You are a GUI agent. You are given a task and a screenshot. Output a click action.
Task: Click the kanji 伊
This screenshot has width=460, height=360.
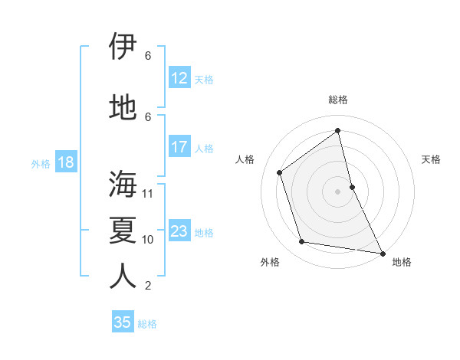[x=123, y=47]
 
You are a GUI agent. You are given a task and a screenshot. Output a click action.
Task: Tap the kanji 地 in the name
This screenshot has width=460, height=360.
[x=123, y=108]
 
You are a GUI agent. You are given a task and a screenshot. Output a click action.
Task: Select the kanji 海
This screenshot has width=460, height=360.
[x=123, y=185]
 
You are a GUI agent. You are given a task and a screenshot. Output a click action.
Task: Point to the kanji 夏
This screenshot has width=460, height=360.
[x=123, y=231]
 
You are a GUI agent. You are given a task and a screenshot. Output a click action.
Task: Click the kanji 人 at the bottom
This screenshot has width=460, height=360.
[x=123, y=277]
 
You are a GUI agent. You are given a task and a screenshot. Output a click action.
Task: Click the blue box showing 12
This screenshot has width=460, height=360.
[x=179, y=78]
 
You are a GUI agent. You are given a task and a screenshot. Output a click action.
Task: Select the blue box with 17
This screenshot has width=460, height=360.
[x=179, y=147]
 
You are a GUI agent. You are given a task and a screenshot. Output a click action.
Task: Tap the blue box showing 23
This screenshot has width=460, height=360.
[x=179, y=231]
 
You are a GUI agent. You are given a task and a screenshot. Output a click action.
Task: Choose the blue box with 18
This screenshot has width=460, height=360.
[x=65, y=162]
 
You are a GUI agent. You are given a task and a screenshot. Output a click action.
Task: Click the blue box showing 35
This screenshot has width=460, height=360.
[x=123, y=322]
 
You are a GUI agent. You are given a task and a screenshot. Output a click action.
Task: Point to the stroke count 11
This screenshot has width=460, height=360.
[x=148, y=194]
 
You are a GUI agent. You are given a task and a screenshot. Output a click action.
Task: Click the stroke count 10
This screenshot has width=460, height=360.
[x=148, y=240]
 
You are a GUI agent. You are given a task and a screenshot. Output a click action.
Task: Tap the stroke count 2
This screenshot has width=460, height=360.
[x=148, y=286]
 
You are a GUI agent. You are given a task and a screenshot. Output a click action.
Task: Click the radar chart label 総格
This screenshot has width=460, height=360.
[x=338, y=100]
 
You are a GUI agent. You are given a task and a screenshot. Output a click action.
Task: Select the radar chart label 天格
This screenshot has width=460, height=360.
[x=432, y=159]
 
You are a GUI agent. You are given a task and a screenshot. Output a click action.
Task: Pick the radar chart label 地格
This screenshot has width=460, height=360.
[x=402, y=262]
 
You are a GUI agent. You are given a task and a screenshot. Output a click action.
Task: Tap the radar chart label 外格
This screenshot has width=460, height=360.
[x=270, y=262]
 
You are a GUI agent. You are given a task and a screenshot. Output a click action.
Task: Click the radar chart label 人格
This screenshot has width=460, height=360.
[x=245, y=159]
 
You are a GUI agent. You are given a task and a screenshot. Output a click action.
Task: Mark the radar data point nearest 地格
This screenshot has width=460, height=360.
[x=382, y=253]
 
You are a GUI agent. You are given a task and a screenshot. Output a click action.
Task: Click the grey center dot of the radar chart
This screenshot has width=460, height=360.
[x=337, y=191]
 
